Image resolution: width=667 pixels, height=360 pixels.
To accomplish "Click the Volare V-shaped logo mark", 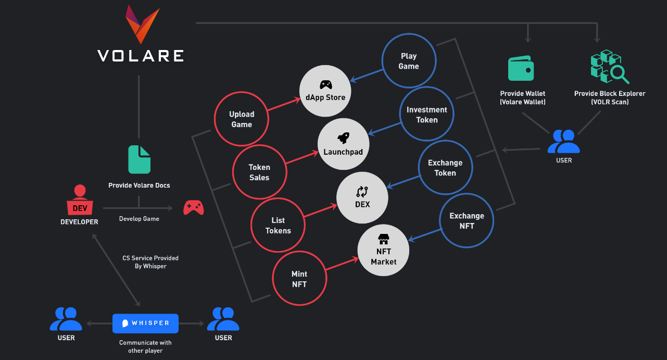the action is [142, 24].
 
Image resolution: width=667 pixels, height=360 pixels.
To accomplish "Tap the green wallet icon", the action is [521, 68].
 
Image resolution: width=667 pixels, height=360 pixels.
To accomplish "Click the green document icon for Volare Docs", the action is [140, 159].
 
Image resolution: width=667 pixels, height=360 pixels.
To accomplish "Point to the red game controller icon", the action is [194, 207].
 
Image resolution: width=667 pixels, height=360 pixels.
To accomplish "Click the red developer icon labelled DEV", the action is [80, 200].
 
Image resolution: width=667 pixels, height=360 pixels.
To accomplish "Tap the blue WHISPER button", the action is [145, 324].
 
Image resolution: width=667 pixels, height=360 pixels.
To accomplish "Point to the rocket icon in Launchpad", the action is [343, 138].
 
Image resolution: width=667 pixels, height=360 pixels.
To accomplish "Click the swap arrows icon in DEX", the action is [362, 192].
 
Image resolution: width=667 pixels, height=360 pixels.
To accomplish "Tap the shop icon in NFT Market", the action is [384, 239].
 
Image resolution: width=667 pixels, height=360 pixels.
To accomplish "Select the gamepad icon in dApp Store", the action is [326, 85].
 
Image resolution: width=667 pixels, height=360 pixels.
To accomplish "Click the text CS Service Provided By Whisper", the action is [150, 262].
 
